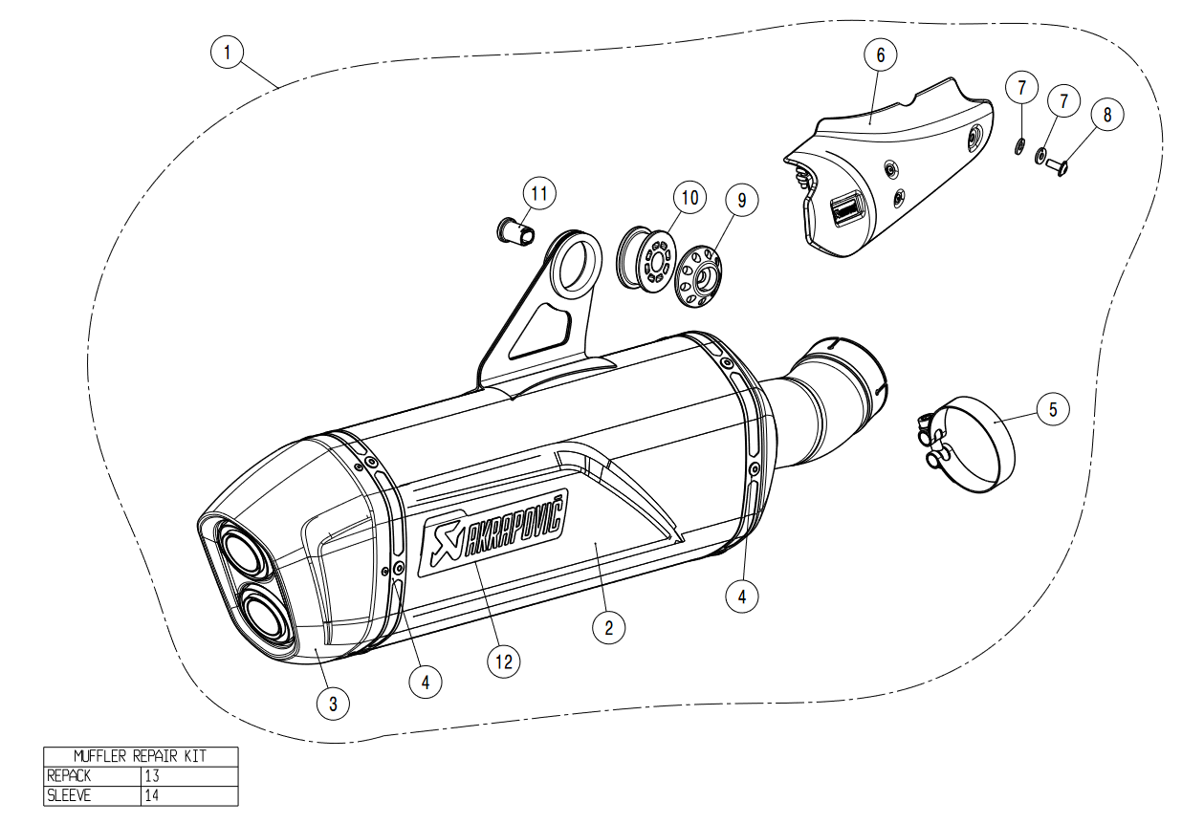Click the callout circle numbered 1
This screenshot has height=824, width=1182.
click(x=227, y=51)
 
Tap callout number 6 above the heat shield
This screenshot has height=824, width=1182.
click(x=881, y=54)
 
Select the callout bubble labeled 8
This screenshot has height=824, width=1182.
click(x=1107, y=115)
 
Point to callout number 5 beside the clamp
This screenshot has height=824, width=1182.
click(x=1053, y=409)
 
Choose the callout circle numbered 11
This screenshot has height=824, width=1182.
click(x=539, y=194)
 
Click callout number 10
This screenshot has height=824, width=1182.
click(x=689, y=198)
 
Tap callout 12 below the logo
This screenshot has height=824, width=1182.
click(x=504, y=660)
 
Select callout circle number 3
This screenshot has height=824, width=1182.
click(x=333, y=705)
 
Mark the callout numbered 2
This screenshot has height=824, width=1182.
click(x=608, y=627)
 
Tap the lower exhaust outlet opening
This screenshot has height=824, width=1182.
click(x=256, y=615)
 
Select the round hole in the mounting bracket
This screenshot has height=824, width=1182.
click(x=572, y=262)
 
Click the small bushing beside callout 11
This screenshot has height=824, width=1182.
click(x=517, y=230)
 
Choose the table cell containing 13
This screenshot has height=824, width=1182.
click(x=189, y=775)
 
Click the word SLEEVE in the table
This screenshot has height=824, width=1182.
click(x=70, y=794)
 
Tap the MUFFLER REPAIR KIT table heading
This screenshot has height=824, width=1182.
click(x=141, y=756)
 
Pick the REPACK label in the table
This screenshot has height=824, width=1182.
click(x=70, y=775)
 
